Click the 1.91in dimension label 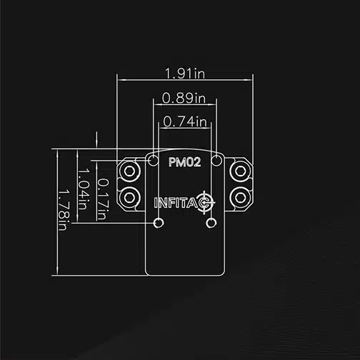(x=185, y=73)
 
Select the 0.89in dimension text (x=184, y=98)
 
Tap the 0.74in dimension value (x=185, y=121)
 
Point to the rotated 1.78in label (x=64, y=210)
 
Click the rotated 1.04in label (x=84, y=189)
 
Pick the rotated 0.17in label (x=104, y=199)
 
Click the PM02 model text (x=185, y=162)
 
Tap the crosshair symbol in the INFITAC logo (x=204, y=203)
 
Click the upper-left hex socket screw (x=129, y=171)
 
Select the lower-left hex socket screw (x=129, y=197)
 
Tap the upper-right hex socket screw (x=240, y=171)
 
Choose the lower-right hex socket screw (x=240, y=197)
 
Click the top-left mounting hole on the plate (x=154, y=161)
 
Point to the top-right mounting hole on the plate (x=216, y=161)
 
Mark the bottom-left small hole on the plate (x=159, y=223)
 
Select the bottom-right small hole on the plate (x=211, y=223)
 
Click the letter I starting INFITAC (x=156, y=203)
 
